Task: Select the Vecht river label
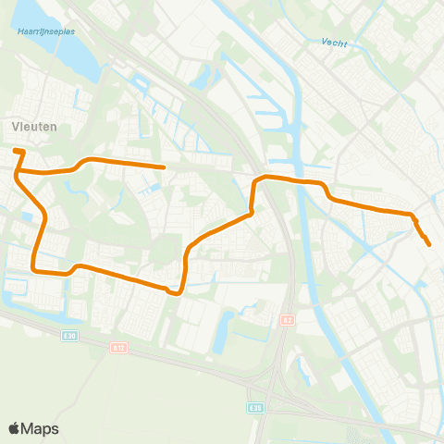point(334,43)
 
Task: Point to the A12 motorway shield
point(117,347)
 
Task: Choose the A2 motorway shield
point(287,320)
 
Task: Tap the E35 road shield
point(255,407)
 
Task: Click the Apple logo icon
point(15,428)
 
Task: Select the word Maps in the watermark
point(41,428)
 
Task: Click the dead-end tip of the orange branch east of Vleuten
point(164,167)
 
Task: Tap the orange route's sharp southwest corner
point(36,269)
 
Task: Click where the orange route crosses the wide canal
point(299,180)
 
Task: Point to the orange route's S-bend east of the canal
point(327,192)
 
